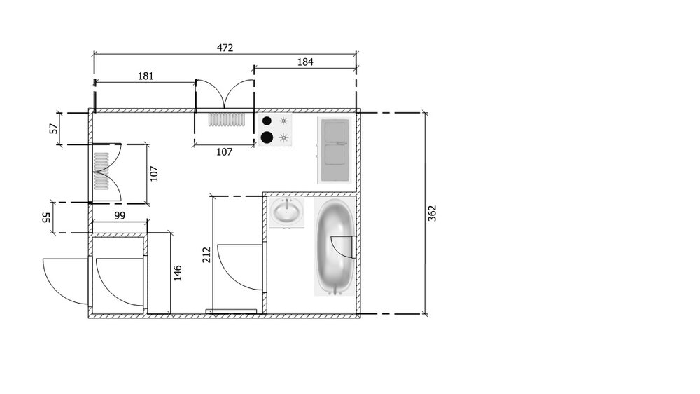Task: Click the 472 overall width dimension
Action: [225, 48]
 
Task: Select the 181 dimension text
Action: [145, 76]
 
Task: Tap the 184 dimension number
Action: [305, 62]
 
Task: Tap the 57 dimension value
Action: [52, 129]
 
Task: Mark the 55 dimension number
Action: [46, 218]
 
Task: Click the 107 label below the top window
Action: [223, 151]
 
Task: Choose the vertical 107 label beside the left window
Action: [155, 173]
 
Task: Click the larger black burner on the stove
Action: [267, 137]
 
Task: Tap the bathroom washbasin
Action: [288, 212]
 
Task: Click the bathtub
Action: [335, 247]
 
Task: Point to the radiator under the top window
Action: [225, 120]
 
